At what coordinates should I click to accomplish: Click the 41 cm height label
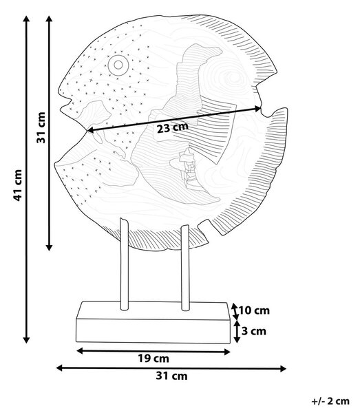click(18, 185)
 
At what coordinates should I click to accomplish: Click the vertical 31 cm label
click(41, 128)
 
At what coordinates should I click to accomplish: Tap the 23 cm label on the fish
click(173, 128)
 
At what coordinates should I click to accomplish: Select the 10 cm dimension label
click(254, 310)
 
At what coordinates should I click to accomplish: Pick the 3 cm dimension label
click(254, 331)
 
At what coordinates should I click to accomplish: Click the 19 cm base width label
click(153, 359)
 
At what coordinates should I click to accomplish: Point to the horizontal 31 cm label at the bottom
click(171, 376)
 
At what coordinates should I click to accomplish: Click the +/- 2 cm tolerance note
click(331, 401)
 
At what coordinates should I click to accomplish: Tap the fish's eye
click(118, 65)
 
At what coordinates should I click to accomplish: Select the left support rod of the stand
click(124, 264)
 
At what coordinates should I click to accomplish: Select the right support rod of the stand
click(185, 268)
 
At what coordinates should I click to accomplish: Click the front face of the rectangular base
click(153, 331)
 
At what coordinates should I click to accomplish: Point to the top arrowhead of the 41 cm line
click(26, 19)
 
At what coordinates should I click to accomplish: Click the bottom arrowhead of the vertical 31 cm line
click(49, 248)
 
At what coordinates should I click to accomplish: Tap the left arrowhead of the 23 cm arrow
click(89, 130)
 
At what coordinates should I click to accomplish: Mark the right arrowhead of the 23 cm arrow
click(258, 108)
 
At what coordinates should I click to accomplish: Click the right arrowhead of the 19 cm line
click(227, 352)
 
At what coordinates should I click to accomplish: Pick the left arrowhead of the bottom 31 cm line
click(59, 368)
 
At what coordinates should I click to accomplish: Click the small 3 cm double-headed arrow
click(237, 331)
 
